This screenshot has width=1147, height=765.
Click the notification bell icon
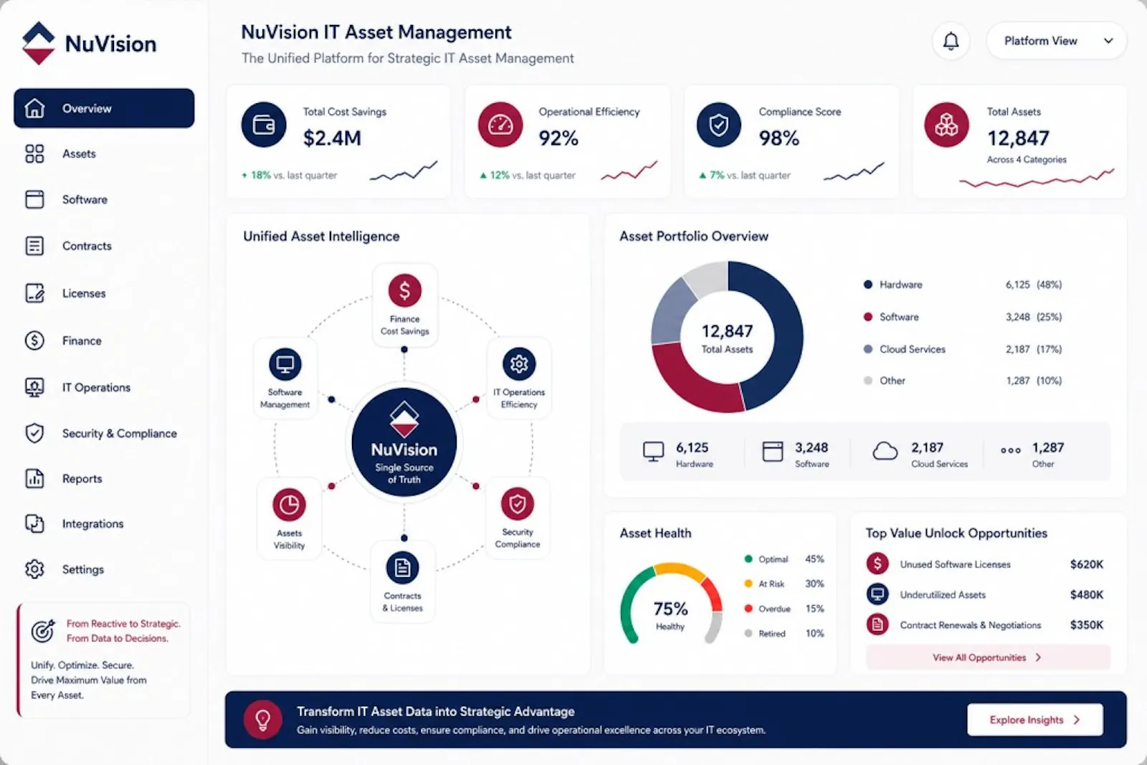pyautogui.click(x=951, y=41)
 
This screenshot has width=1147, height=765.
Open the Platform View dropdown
pyautogui.click(x=1056, y=41)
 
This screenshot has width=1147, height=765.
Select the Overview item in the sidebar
pyautogui.click(x=104, y=108)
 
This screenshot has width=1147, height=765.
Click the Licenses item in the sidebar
pyautogui.click(x=83, y=293)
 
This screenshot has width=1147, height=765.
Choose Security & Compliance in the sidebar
pyautogui.click(x=119, y=433)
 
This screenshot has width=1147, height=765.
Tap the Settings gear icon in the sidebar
pyautogui.click(x=35, y=569)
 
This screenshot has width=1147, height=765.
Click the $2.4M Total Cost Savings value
pyautogui.click(x=332, y=138)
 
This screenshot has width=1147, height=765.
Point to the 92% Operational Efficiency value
pyautogui.click(x=558, y=138)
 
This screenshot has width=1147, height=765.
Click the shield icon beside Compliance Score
pyautogui.click(x=719, y=125)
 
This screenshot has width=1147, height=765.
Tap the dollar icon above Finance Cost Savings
pyautogui.click(x=404, y=290)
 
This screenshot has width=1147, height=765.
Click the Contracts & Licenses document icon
pyautogui.click(x=402, y=567)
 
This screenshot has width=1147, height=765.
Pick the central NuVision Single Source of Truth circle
pyautogui.click(x=404, y=442)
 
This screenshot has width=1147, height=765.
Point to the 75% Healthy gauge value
pyautogui.click(x=670, y=609)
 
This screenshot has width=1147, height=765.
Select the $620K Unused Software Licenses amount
pyautogui.click(x=1087, y=564)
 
